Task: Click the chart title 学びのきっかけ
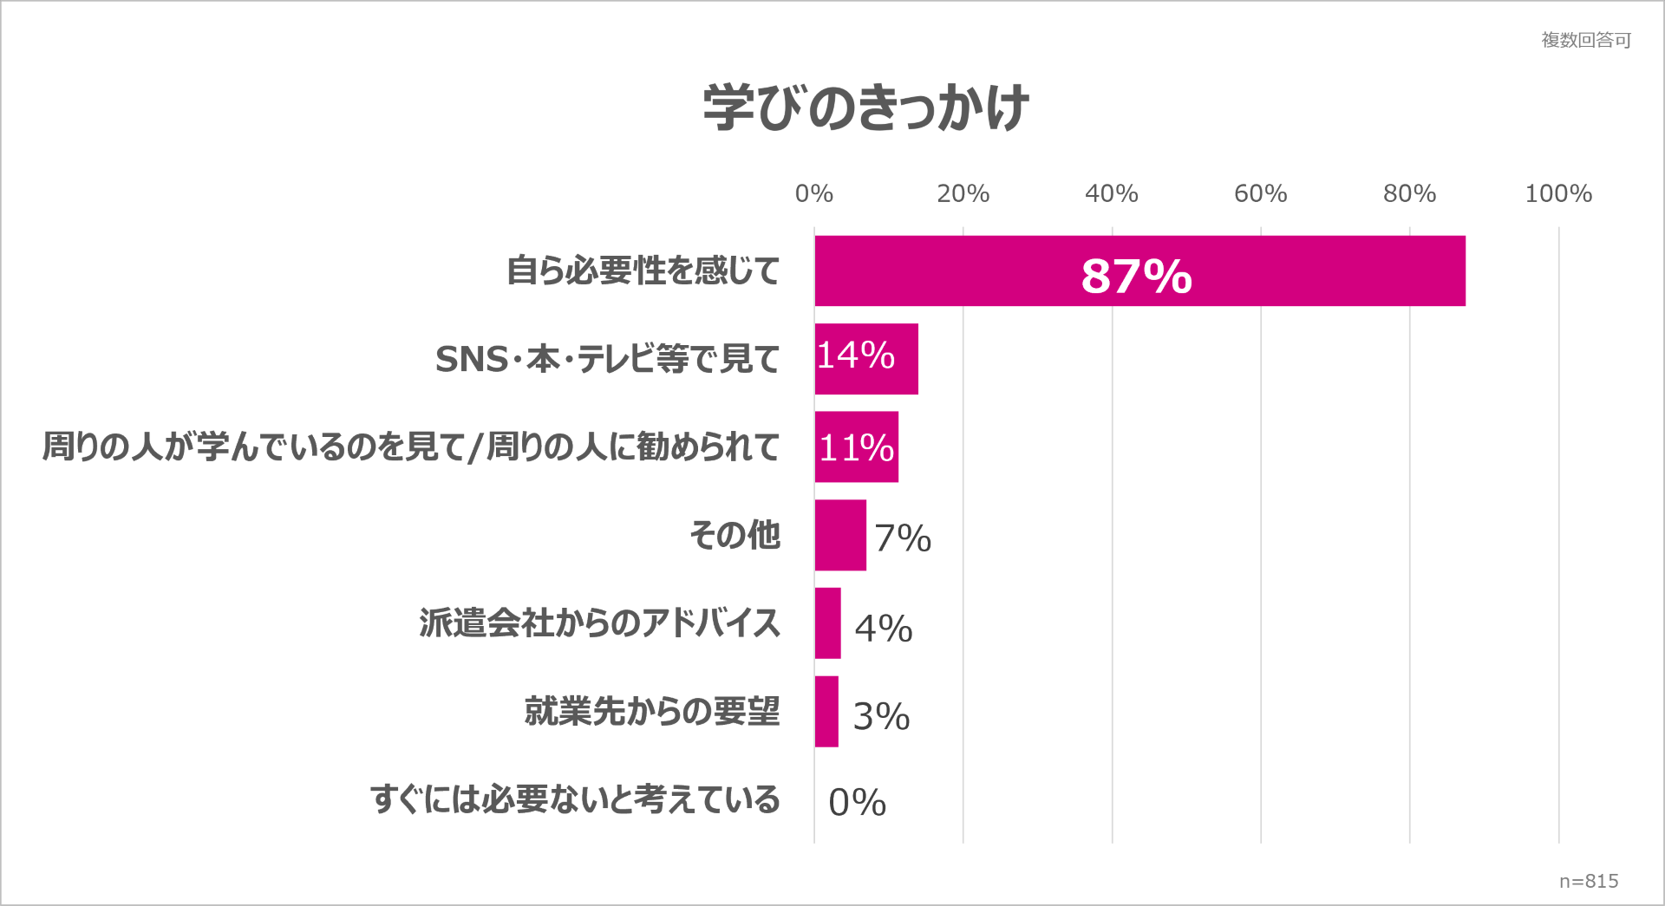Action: (865, 108)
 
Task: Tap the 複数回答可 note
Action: (1585, 40)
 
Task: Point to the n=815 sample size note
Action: (1588, 881)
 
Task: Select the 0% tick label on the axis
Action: (813, 193)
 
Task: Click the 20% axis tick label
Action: (963, 193)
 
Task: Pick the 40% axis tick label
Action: (1111, 193)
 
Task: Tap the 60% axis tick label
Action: (1260, 193)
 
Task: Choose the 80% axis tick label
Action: (1409, 193)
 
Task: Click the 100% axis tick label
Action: (1558, 193)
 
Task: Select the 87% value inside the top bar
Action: (1136, 276)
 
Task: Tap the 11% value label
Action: (856, 447)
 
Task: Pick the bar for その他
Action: (839, 535)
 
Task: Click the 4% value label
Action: (883, 628)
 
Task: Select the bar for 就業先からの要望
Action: (826, 711)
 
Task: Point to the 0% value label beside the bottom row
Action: (857, 802)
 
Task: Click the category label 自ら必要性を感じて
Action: (643, 270)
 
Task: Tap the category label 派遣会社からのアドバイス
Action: (599, 622)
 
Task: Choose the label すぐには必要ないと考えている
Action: (575, 798)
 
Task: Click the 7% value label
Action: (902, 538)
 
